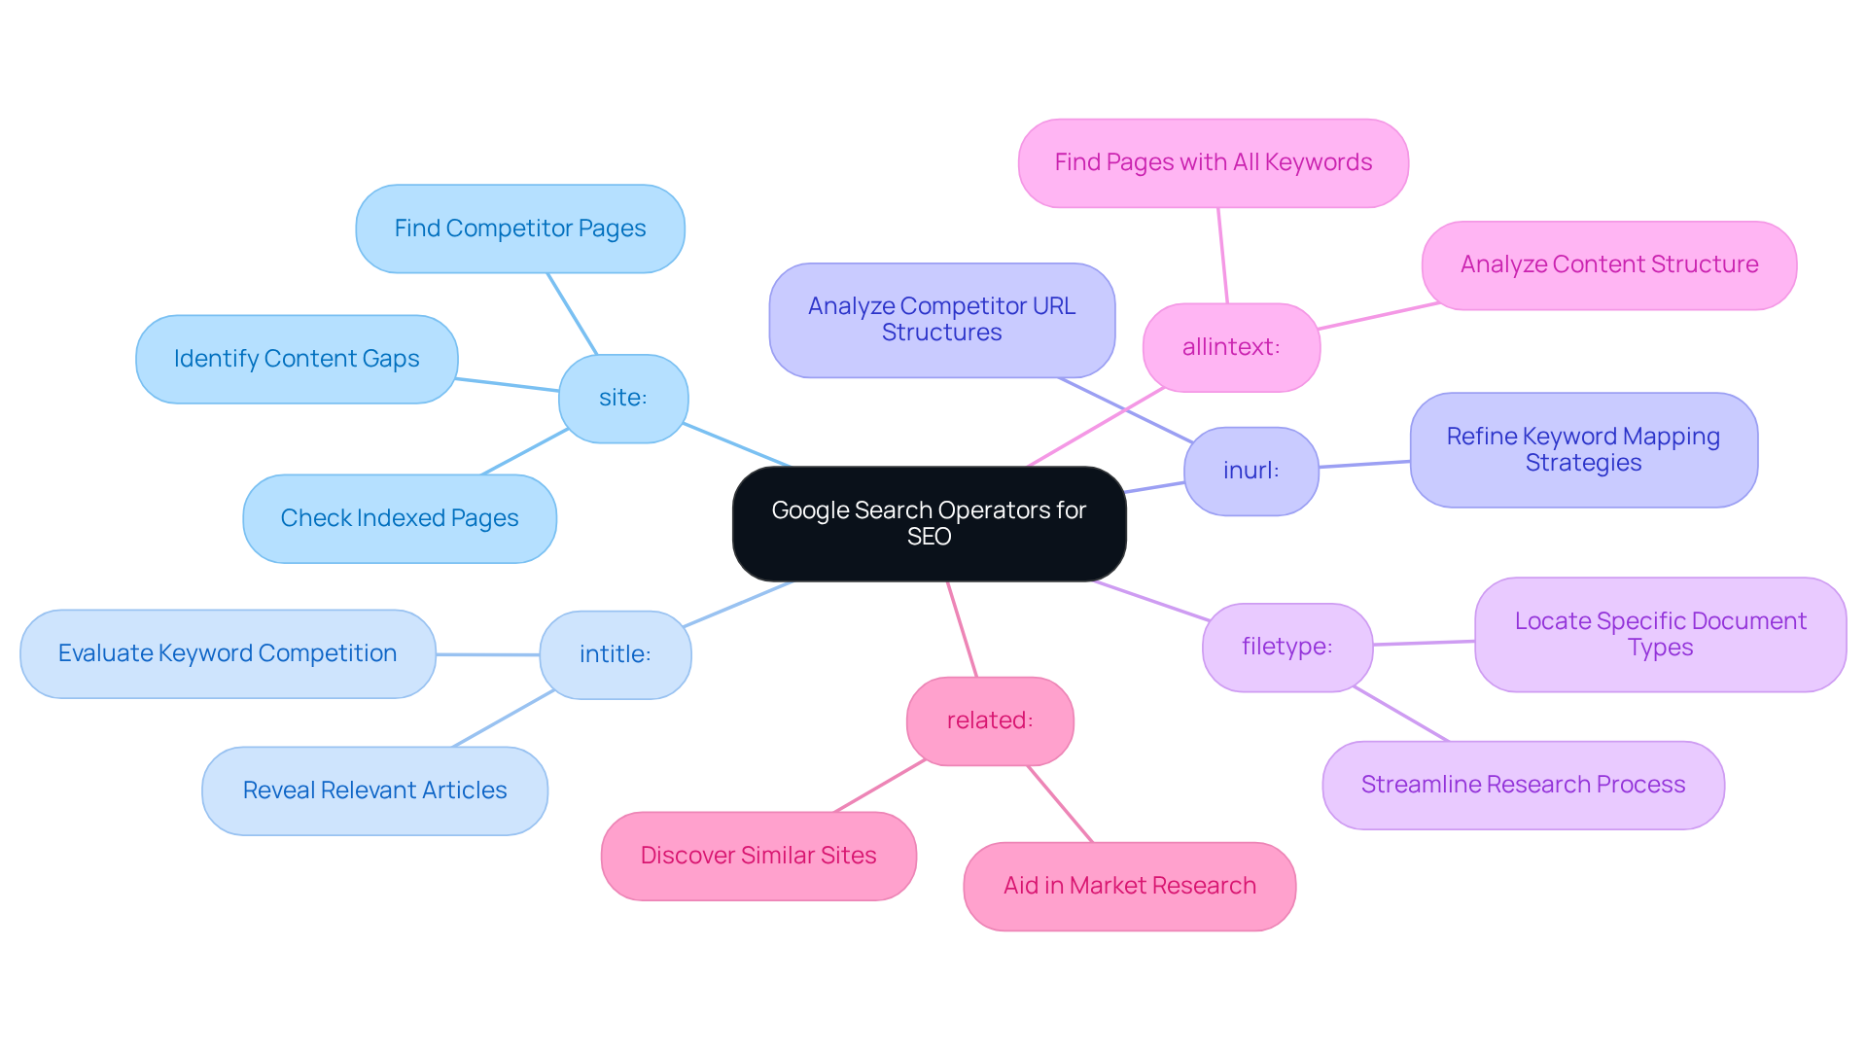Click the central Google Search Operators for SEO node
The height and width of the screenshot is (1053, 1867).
coord(929,523)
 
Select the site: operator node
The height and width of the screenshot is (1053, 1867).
coord(623,398)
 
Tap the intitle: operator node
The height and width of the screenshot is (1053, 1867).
coord(615,654)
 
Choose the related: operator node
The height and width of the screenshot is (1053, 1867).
coord(990,720)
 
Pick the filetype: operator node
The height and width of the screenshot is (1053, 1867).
coord(1286,647)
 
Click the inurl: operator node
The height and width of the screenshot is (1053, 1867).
coord(1251,471)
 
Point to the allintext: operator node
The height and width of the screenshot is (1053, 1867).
coord(1231,347)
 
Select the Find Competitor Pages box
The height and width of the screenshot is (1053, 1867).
coord(520,228)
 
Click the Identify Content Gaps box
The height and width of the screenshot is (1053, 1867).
coord(297,359)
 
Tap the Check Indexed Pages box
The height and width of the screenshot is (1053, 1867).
coord(400,518)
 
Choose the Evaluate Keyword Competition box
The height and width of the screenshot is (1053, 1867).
coord(228,653)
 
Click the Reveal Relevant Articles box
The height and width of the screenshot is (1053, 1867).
coord(374,790)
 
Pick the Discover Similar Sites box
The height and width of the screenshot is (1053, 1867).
coord(758,856)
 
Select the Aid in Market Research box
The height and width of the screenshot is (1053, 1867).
coord(1129,886)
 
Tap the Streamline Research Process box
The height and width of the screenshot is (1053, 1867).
coord(1523,785)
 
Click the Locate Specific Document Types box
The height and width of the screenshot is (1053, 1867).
coord(1660,634)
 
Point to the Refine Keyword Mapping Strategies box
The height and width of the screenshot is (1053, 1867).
coord(1583,449)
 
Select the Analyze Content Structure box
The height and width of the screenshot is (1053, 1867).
coord(1608,264)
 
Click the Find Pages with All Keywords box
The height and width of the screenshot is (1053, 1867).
coord(1213,162)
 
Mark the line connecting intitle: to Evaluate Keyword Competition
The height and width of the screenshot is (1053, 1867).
coord(488,654)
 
